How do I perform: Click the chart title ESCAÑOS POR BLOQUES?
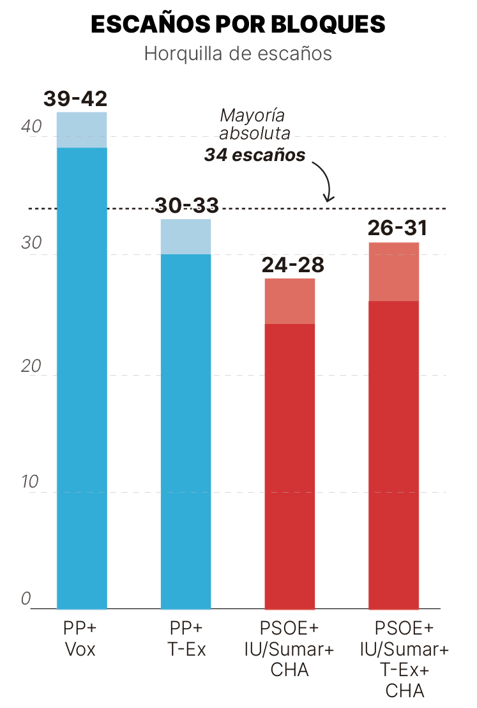(238, 24)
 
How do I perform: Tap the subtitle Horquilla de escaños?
(238, 53)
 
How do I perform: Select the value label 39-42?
(75, 98)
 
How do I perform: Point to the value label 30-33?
(186, 205)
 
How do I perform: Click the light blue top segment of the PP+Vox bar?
(82, 130)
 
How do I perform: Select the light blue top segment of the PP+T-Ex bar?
(186, 236)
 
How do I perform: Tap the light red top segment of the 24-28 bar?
(290, 301)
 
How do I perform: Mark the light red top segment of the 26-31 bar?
(394, 272)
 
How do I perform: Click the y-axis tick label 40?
(31, 127)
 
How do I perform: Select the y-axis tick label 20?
(31, 366)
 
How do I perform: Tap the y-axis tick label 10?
(31, 482)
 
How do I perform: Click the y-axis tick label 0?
(26, 599)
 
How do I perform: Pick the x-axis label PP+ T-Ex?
(186, 639)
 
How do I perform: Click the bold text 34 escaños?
(255, 155)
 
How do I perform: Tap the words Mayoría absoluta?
(254, 125)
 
